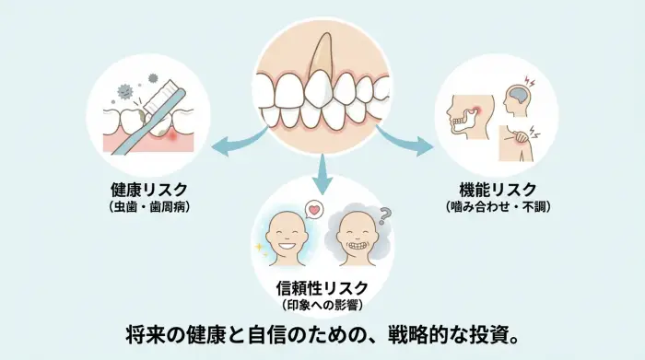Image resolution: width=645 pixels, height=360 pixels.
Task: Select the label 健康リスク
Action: (147, 191)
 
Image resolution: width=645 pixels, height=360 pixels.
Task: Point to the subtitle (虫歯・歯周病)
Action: (147, 207)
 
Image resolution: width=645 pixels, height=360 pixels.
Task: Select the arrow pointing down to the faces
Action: (322, 170)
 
